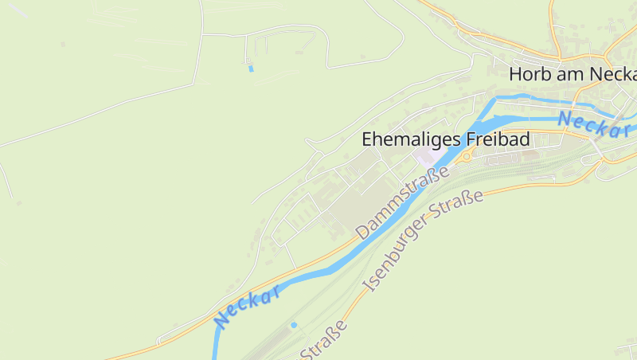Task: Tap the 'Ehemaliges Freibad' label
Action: pyautogui.click(x=445, y=139)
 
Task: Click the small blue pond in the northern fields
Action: pyautogui.click(x=251, y=68)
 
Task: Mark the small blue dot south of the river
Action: pyautogui.click(x=294, y=325)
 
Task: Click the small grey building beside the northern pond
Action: pyautogui.click(x=246, y=61)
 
